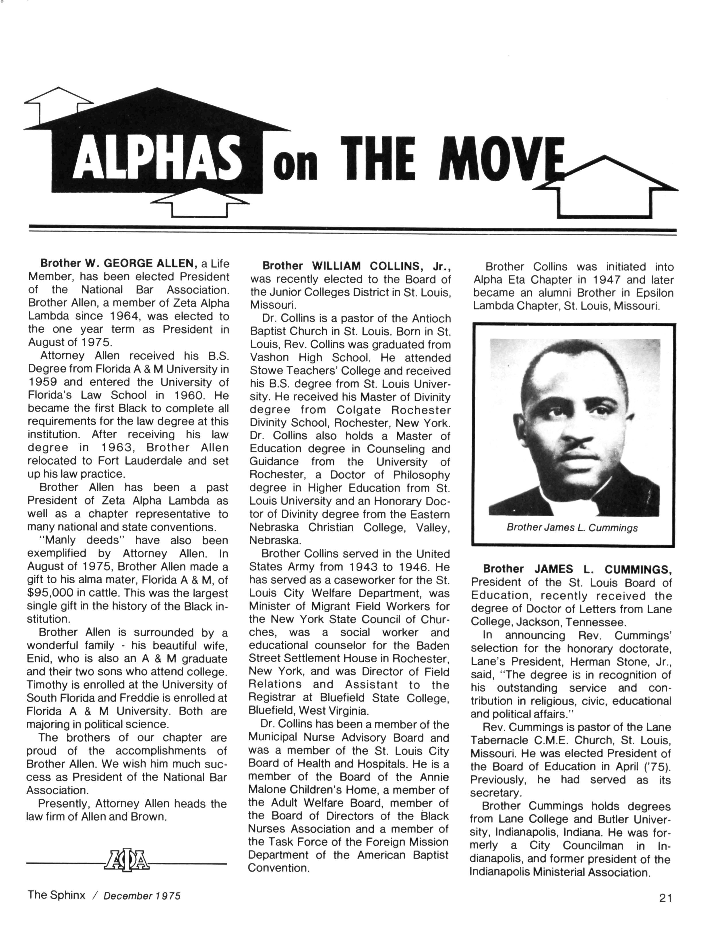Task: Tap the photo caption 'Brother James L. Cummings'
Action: tap(572, 528)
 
